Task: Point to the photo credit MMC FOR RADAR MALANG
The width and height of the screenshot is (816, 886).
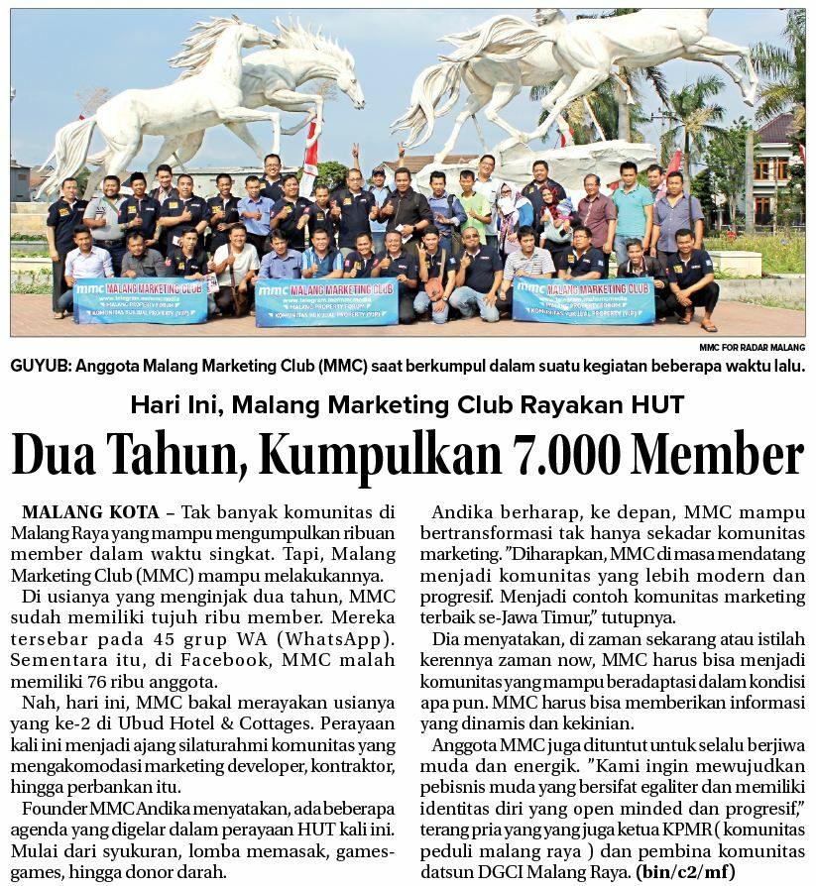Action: [x=752, y=348]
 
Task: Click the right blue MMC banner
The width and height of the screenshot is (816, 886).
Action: [x=583, y=300]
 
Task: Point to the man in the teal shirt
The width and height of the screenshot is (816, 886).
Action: [x=632, y=208]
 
